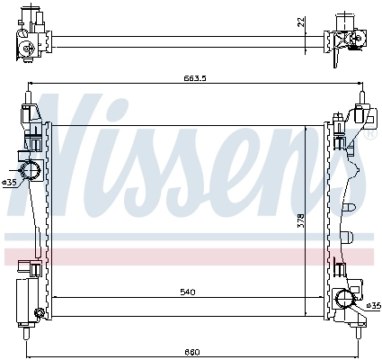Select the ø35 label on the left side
point(9,182)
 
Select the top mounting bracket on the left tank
point(31,112)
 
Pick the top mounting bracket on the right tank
point(359,116)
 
